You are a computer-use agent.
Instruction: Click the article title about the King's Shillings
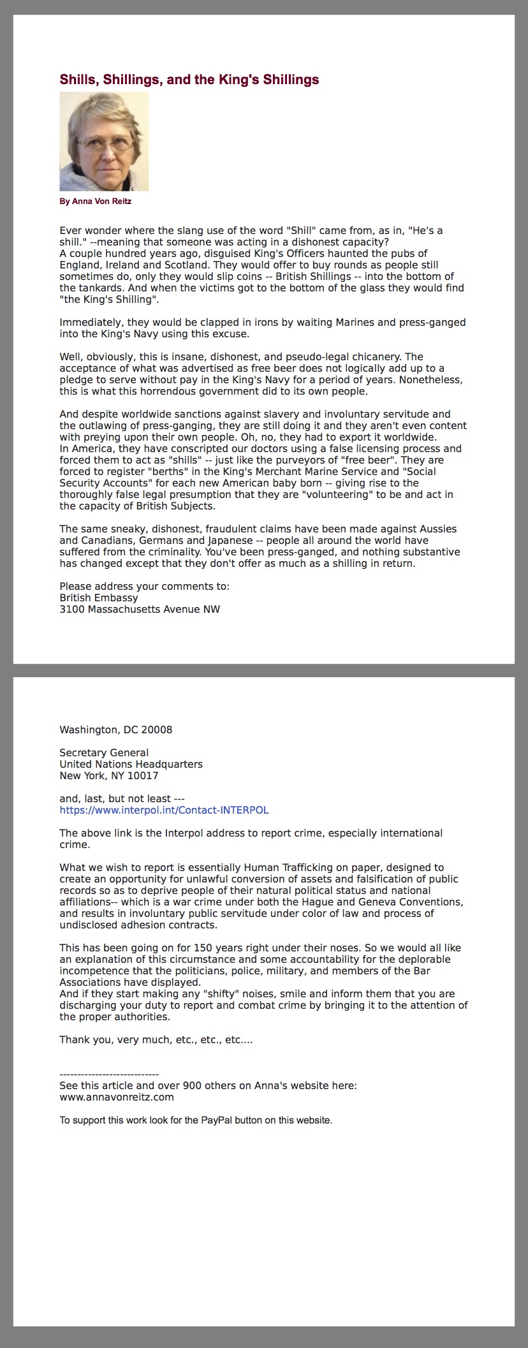point(189,80)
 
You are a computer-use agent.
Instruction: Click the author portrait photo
point(104,142)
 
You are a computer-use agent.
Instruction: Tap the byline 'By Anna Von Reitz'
point(96,201)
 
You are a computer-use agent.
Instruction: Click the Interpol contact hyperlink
point(164,810)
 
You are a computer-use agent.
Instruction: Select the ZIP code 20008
point(158,730)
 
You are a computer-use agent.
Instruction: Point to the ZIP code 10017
point(143,776)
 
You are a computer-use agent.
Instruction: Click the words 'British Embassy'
point(99,598)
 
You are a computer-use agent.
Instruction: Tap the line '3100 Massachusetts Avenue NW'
point(140,610)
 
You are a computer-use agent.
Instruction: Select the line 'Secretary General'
point(104,753)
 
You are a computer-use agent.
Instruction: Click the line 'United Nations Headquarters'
point(131,765)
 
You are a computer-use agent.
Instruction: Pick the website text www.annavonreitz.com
point(117,1097)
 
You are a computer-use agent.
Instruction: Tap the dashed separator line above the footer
point(109,1074)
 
